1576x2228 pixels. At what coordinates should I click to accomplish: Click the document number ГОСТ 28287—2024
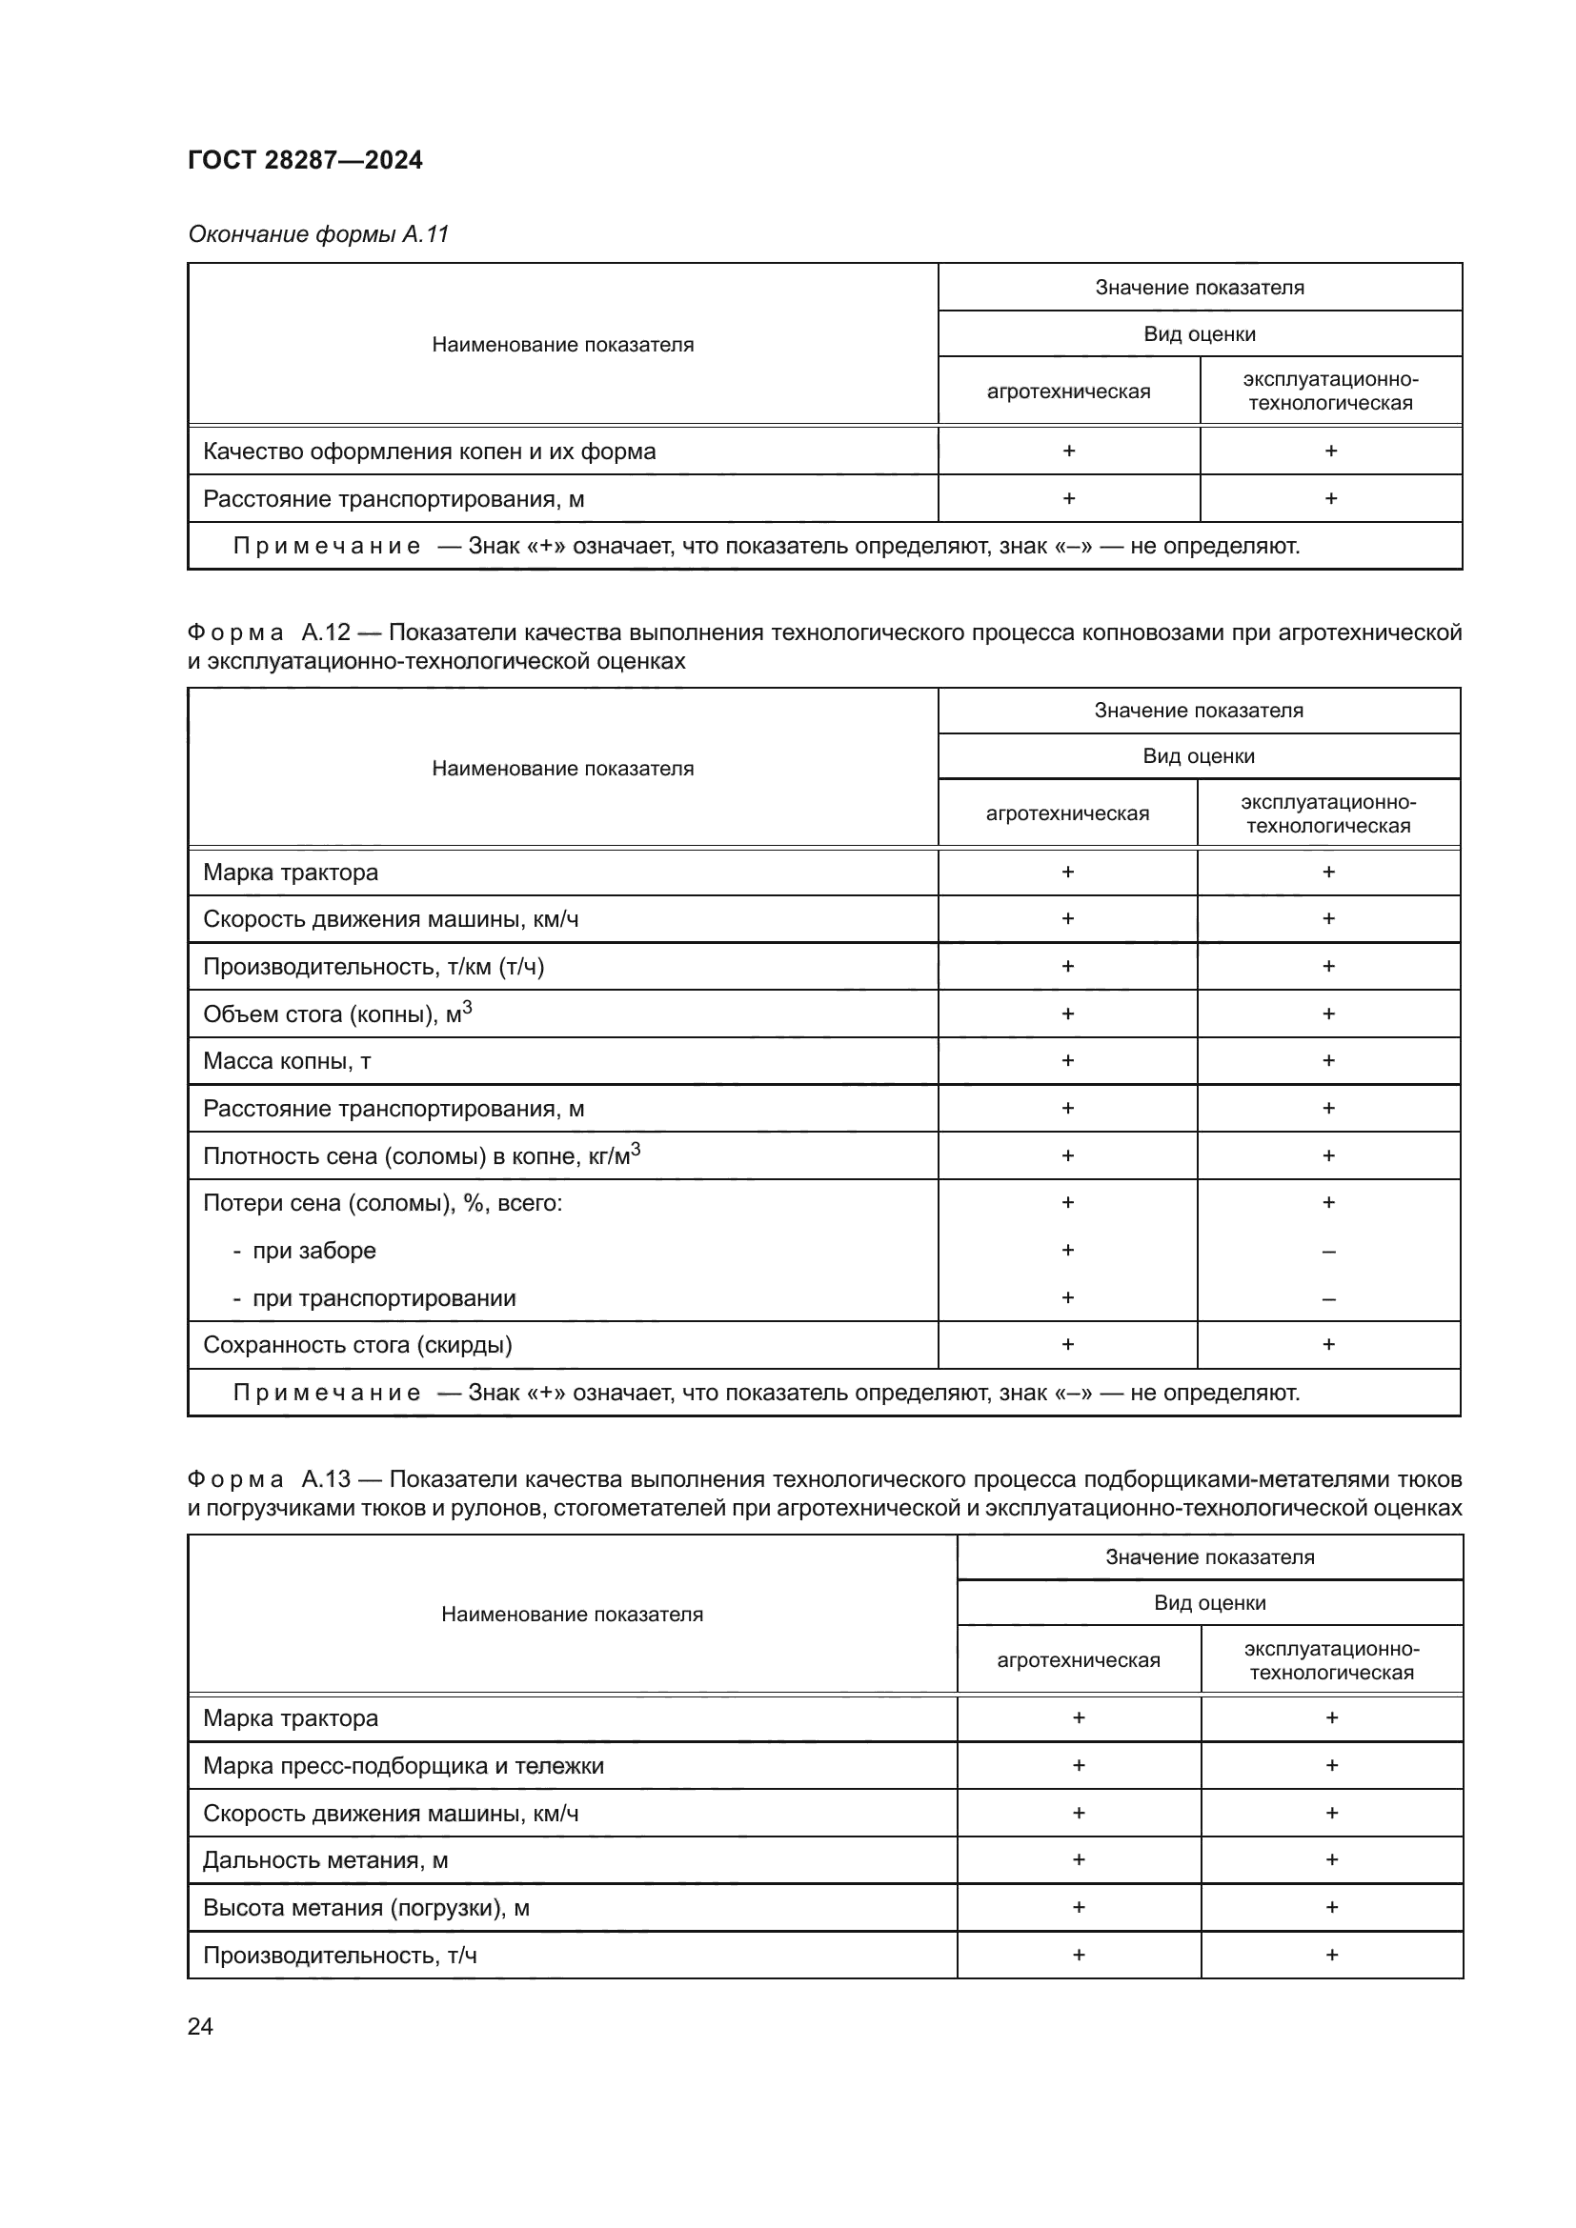pos(305,160)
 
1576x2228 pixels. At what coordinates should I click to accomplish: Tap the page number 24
pos(200,2026)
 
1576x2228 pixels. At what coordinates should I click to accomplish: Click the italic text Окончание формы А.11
pos(318,234)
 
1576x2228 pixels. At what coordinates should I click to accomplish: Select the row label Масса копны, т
pos(287,1060)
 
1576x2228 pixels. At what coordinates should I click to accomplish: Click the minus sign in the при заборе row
pos(1328,1252)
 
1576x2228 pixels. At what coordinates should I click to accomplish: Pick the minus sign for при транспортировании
pos(1328,1299)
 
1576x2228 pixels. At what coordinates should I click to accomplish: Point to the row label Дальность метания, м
pos(325,1860)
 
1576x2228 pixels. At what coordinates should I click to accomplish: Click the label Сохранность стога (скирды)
pos(357,1345)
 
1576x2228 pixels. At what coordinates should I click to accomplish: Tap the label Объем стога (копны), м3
pos(336,1014)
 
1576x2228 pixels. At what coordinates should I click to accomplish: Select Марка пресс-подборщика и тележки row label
pos(403,1765)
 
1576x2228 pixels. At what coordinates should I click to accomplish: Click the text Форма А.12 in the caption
pos(268,632)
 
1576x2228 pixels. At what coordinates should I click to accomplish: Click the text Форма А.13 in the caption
pos(268,1479)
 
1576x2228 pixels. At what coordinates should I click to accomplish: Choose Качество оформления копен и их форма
pos(429,452)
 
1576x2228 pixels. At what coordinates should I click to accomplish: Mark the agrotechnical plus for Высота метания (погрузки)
pos(1079,1907)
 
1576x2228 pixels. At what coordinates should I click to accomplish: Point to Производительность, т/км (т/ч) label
pos(374,967)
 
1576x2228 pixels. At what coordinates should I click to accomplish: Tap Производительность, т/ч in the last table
pos(339,1955)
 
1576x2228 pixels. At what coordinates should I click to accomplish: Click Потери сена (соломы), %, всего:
pos(382,1203)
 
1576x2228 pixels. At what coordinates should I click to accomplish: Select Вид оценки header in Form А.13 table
pos(1209,1602)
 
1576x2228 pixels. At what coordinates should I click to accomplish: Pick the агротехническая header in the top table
pos(1068,391)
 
